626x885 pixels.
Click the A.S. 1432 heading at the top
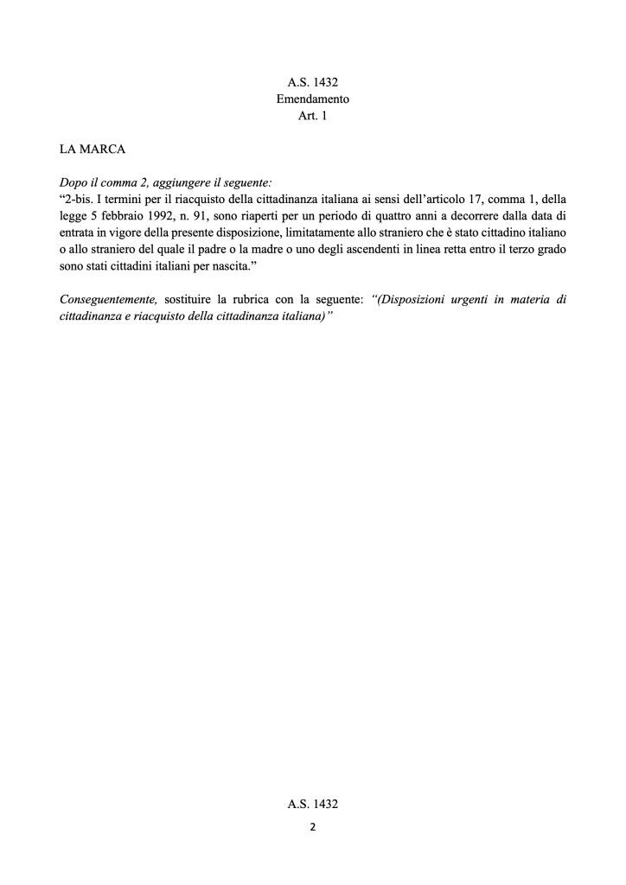(312, 84)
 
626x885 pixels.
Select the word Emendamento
(312, 99)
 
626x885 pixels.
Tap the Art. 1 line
(312, 116)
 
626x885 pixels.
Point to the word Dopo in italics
(73, 183)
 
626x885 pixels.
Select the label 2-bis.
(80, 200)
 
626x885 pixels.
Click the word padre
(233, 250)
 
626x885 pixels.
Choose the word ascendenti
(386, 250)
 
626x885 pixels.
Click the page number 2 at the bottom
(312, 826)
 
